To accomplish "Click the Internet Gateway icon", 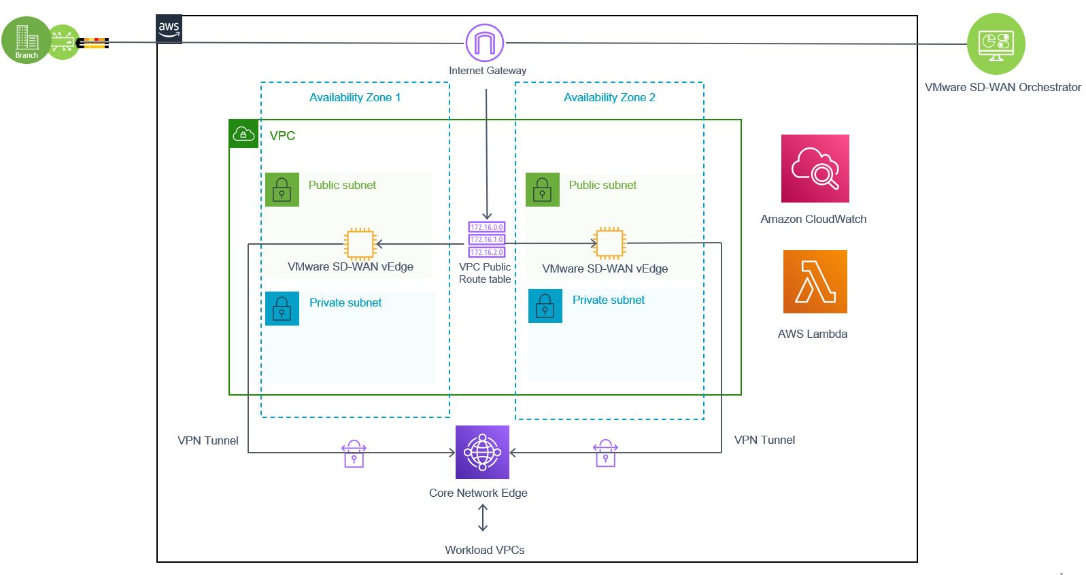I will (484, 43).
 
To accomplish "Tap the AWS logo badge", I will (169, 29).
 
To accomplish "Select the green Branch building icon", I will (27, 40).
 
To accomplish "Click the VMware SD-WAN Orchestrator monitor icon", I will (996, 44).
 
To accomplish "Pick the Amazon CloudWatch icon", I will (815, 169).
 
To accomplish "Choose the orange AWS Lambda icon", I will (815, 281).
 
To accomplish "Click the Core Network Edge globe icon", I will (482, 452).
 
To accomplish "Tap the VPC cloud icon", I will (243, 134).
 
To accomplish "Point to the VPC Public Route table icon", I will (486, 239).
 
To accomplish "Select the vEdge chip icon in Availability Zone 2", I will (609, 243).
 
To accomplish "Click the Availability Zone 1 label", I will (354, 97).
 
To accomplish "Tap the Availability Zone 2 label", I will (609, 97).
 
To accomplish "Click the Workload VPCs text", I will (484, 550).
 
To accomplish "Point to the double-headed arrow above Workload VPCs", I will (483, 518).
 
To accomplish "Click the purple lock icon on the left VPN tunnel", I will (354, 454).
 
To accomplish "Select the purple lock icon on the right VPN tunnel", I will (605, 453).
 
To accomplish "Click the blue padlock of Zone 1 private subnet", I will (282, 309).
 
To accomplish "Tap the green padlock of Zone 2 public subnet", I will (542, 190).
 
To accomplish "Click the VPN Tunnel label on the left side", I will (207, 440).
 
